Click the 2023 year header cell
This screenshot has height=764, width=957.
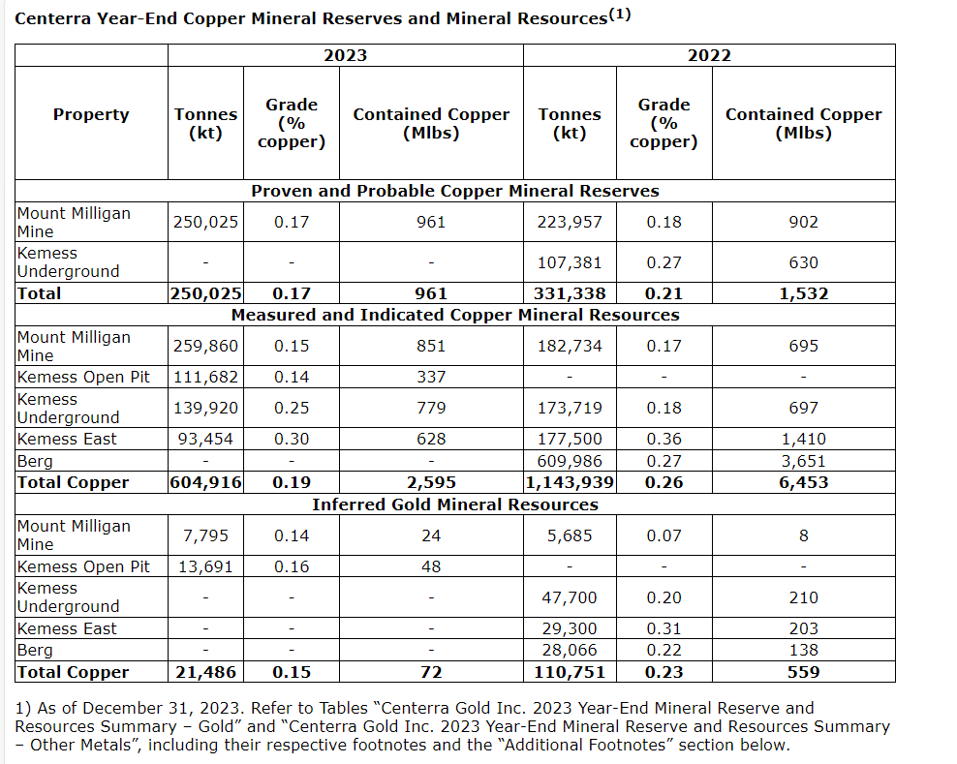pyautogui.click(x=345, y=55)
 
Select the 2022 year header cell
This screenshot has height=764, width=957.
pyautogui.click(x=709, y=55)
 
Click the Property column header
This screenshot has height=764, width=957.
pyautogui.click(x=91, y=114)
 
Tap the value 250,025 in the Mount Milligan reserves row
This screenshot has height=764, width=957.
pyautogui.click(x=205, y=222)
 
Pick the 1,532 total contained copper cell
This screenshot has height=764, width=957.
pyautogui.click(x=803, y=293)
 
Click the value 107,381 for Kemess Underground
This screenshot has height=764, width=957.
pyautogui.click(x=570, y=262)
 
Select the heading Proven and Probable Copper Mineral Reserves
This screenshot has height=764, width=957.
pyautogui.click(x=455, y=191)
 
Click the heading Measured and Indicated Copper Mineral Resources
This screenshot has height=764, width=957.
pyautogui.click(x=455, y=315)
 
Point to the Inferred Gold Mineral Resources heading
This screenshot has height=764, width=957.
pyautogui.click(x=455, y=504)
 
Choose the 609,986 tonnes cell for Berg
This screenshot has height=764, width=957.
pyautogui.click(x=570, y=461)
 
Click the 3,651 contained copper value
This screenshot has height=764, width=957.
pyautogui.click(x=803, y=461)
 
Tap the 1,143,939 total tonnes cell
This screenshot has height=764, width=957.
pyautogui.click(x=570, y=482)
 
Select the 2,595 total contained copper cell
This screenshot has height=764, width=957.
pyautogui.click(x=431, y=482)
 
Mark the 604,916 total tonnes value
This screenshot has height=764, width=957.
pyautogui.click(x=205, y=482)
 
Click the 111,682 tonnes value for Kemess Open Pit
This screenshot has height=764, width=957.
pyautogui.click(x=205, y=377)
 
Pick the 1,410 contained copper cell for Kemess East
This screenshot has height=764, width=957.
pyautogui.click(x=803, y=439)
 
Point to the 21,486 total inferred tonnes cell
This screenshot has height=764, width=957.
pyautogui.click(x=205, y=672)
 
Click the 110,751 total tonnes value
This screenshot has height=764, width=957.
pyautogui.click(x=570, y=672)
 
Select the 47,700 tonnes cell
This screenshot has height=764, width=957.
pyautogui.click(x=570, y=597)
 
